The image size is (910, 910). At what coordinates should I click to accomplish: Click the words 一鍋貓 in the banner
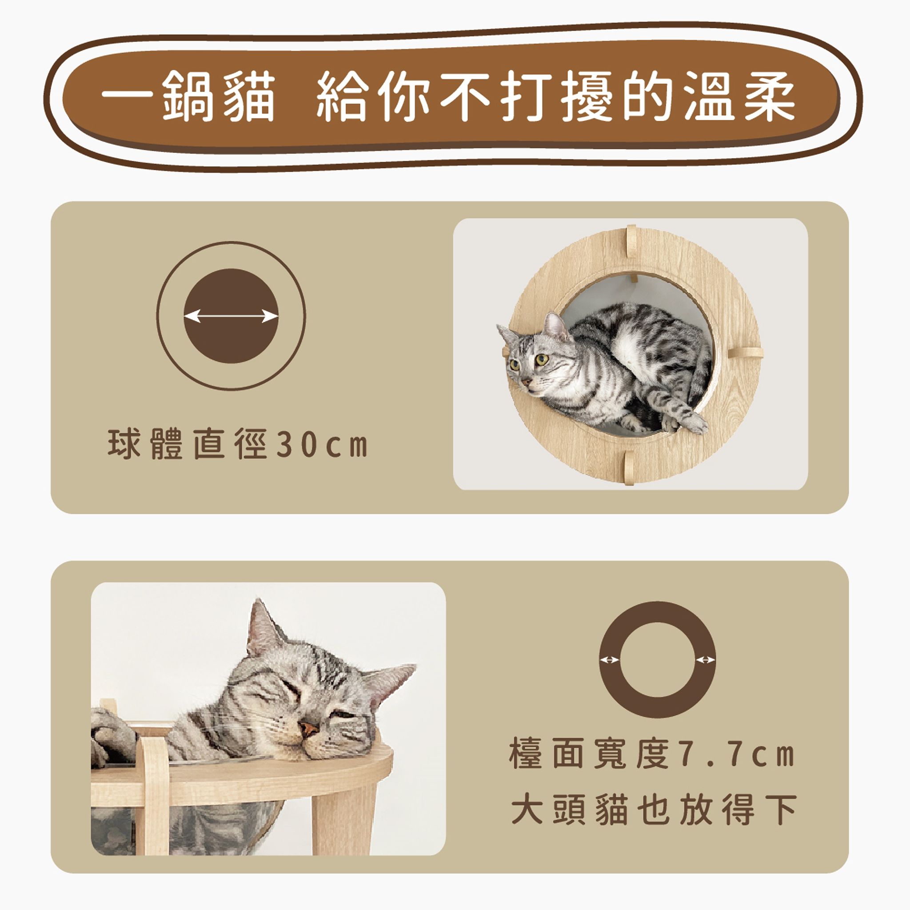(188, 96)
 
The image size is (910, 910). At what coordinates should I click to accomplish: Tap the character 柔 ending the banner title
(770, 96)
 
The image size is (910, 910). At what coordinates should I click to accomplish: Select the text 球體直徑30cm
(237, 444)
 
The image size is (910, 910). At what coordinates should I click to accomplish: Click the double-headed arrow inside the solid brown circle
(231, 316)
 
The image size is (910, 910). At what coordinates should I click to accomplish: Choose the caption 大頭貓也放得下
(654, 810)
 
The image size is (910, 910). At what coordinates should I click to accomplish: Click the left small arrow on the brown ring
(610, 660)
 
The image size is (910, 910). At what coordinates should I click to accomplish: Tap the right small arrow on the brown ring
(706, 660)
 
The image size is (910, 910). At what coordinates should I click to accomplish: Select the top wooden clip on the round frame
(631, 241)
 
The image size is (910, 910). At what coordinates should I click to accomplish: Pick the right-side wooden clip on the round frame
(745, 352)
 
